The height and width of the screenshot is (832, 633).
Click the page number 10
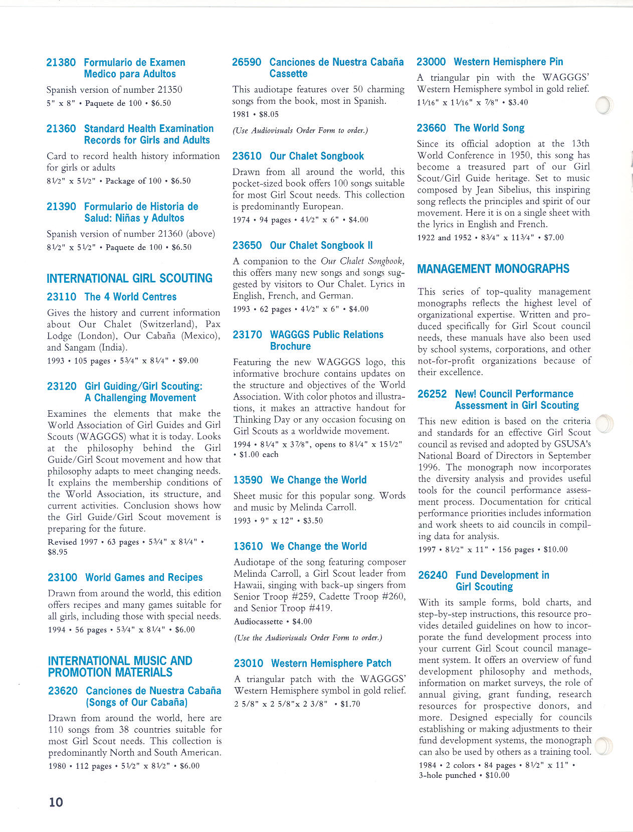tap(56, 802)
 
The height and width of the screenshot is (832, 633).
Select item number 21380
tap(61, 63)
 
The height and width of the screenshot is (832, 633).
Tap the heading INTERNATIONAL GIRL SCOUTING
tap(129, 278)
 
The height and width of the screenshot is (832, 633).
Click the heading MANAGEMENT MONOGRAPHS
tap(493, 269)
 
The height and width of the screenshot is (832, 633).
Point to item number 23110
tap(62, 297)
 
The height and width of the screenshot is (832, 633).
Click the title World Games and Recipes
tap(144, 577)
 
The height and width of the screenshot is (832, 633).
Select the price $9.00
tap(188, 361)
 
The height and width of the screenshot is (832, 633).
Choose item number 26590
tap(247, 62)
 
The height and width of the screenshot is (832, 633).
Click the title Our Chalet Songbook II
tap(321, 245)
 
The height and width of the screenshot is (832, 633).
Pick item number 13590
tap(248, 480)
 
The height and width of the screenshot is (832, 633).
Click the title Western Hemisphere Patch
tap(331, 663)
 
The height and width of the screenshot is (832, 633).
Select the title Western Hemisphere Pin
tap(508, 62)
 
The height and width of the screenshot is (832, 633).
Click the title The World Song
tap(489, 128)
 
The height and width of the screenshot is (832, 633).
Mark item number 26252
tap(432, 394)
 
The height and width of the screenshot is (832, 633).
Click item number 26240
tap(433, 575)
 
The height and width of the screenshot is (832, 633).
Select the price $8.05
tap(269, 114)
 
